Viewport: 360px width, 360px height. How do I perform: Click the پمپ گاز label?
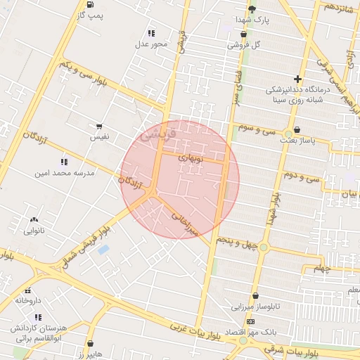(x=90, y=15)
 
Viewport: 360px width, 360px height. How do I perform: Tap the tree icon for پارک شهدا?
(x=252, y=8)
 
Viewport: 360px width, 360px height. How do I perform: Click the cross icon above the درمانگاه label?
(x=298, y=79)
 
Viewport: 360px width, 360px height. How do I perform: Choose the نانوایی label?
(x=34, y=230)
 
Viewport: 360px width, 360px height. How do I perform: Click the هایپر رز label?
(x=90, y=355)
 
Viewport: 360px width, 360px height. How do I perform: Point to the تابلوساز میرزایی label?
(x=257, y=307)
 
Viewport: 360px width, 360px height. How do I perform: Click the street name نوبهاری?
(x=191, y=159)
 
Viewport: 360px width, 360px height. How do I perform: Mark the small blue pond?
(x=103, y=250)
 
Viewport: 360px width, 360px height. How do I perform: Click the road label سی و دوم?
(x=303, y=175)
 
